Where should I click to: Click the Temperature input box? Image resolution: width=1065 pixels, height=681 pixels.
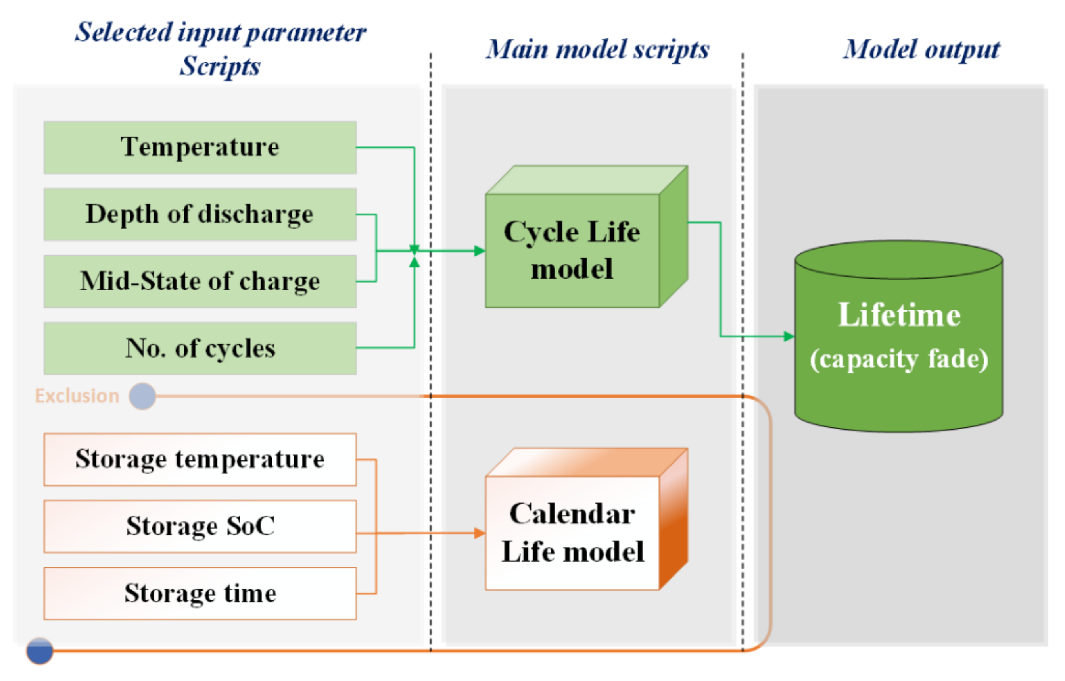[x=200, y=147]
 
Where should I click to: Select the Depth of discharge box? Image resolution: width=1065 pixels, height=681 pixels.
[x=200, y=215]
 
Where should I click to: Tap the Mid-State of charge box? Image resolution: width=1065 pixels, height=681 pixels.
[x=200, y=281]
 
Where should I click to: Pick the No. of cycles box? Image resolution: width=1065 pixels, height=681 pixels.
[x=200, y=349]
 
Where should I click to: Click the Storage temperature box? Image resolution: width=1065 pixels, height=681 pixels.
[x=200, y=460]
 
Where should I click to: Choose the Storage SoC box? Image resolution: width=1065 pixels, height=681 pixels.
[x=200, y=527]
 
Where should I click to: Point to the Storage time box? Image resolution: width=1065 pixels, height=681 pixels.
[x=200, y=594]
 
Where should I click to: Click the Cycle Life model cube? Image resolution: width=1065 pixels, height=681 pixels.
[x=572, y=250]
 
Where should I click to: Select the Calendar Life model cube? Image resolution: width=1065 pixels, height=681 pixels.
[x=572, y=533]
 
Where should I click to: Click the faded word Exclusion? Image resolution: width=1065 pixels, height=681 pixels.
[x=77, y=396]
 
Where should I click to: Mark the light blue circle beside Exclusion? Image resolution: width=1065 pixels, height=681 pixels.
[x=142, y=396]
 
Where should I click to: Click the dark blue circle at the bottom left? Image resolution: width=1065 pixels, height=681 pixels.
[x=40, y=651]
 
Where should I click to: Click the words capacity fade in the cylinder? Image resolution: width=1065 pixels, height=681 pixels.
[x=899, y=359]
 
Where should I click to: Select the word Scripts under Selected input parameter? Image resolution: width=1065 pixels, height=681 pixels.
[x=220, y=66]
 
